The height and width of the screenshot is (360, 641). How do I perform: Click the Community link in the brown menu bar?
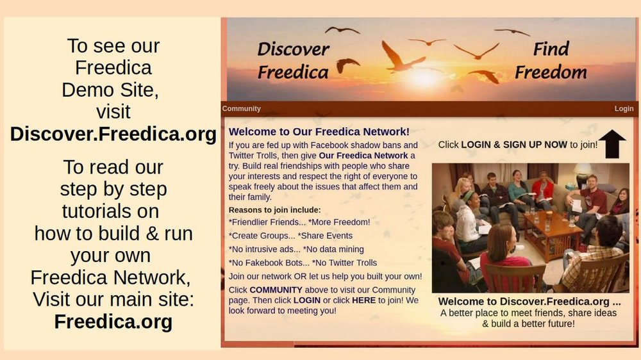(241, 109)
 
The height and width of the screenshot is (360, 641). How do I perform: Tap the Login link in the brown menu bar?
(624, 109)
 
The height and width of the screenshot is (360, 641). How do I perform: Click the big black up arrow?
(612, 144)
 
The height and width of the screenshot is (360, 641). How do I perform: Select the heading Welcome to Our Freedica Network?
(319, 131)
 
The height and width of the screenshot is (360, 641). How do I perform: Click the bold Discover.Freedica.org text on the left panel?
(113, 134)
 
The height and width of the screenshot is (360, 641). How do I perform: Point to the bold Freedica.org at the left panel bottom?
(113, 322)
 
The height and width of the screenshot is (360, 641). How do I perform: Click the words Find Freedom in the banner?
(551, 60)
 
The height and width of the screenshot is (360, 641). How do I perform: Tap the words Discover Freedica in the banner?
(293, 60)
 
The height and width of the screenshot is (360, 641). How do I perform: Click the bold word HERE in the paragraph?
(363, 300)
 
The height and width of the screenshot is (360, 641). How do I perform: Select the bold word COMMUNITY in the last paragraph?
(276, 290)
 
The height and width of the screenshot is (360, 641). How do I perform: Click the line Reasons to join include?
(275, 210)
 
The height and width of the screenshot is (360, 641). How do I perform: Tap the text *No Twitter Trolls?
(344, 263)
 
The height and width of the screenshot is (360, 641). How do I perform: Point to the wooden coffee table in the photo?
(553, 231)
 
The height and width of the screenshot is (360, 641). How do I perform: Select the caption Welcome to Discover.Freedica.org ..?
(529, 302)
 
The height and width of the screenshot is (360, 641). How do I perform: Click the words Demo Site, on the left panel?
(110, 90)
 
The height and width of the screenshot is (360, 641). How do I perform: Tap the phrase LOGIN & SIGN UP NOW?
(514, 145)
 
